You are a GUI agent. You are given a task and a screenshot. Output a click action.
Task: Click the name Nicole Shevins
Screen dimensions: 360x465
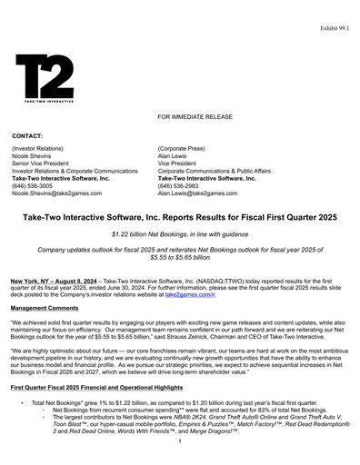pyautogui.click(x=34, y=154)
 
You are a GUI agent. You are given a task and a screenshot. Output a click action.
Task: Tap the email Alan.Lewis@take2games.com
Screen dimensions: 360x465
pyautogui.click(x=204, y=193)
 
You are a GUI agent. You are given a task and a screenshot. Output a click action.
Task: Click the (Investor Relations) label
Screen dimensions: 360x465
pyautogui.click(x=39, y=146)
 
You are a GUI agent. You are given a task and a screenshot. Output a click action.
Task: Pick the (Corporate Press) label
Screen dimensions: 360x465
pyautogui.click(x=185, y=146)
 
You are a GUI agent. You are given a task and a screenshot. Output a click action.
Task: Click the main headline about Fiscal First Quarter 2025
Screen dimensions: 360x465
pyautogui.click(x=180, y=218)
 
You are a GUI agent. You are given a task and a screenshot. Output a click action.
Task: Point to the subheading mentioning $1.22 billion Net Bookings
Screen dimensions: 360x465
pyautogui.click(x=180, y=235)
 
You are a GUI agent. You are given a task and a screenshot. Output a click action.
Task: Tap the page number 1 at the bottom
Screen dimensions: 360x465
pyautogui.click(x=180, y=441)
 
